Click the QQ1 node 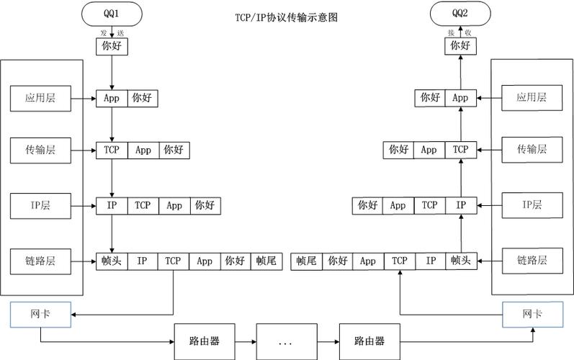tap(112, 12)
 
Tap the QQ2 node tap(460, 12)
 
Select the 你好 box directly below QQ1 tap(112, 45)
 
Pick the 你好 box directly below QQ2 tap(460, 45)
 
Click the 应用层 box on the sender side tap(41, 97)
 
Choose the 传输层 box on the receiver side tap(532, 150)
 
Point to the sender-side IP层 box tap(41, 205)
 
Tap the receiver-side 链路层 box tap(532, 260)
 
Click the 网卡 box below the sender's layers tap(40, 314)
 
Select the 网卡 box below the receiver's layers tap(532, 314)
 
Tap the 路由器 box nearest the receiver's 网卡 tap(369, 342)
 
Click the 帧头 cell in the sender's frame tap(112, 261)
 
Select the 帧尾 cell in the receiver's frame tap(307, 261)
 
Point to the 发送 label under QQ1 tap(112, 33)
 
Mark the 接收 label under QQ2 tap(460, 33)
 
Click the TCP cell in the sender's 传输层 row tap(112, 150)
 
